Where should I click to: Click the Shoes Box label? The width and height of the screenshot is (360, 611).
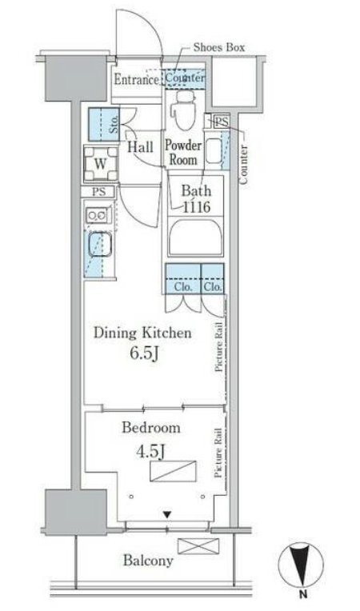(x=219, y=47)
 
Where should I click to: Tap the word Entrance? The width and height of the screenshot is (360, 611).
(x=136, y=79)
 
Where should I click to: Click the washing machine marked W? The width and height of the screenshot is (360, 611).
(x=101, y=164)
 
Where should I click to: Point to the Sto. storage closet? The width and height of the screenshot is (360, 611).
(x=105, y=125)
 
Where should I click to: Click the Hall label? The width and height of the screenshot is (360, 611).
(x=140, y=147)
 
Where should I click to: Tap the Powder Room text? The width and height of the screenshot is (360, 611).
(x=183, y=153)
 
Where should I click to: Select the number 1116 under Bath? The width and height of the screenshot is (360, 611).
(x=197, y=207)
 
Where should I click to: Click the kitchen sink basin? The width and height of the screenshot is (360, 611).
(x=100, y=245)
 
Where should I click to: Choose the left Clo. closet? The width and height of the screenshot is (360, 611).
(x=182, y=278)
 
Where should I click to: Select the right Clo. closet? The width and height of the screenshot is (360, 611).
(x=213, y=278)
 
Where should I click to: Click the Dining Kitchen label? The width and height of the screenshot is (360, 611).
(x=142, y=333)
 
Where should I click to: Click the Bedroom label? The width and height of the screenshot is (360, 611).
(x=151, y=428)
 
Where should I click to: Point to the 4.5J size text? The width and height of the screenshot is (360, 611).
(x=150, y=452)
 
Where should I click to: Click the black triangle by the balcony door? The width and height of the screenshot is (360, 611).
(x=167, y=515)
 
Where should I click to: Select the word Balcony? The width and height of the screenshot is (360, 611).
(x=149, y=561)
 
